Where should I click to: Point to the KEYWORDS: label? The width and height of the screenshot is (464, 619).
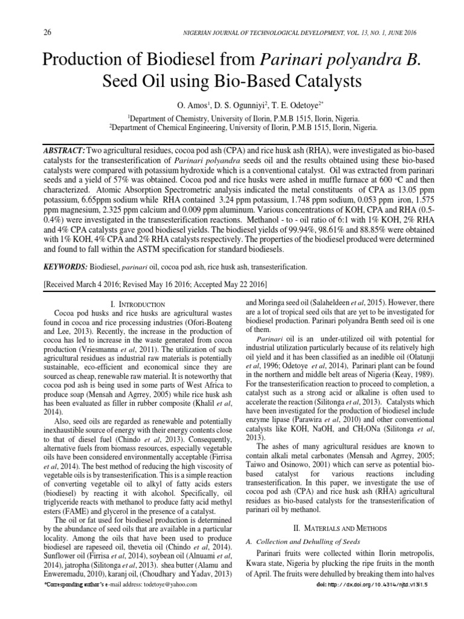coord(66,267)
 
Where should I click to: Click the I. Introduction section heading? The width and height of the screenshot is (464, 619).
coord(138,303)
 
